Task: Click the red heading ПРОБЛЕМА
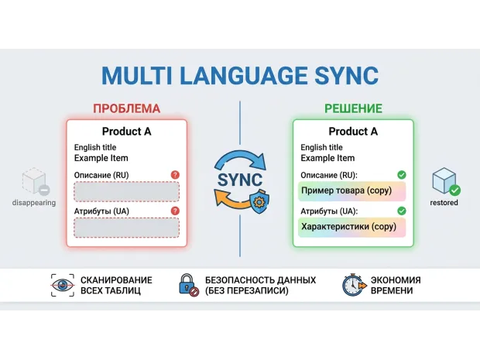click(126, 108)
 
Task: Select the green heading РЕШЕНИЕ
click(353, 108)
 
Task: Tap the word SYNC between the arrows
click(240, 180)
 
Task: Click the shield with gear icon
click(259, 201)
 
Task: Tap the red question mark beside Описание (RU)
click(175, 175)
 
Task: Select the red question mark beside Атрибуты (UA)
click(175, 211)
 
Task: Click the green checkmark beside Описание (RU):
click(402, 175)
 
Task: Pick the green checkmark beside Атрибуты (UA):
click(402, 211)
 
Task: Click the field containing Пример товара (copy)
click(352, 191)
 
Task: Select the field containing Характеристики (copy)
click(352, 228)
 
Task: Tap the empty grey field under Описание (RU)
click(126, 191)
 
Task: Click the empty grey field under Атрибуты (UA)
click(126, 228)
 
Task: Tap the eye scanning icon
click(63, 286)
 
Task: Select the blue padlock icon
click(188, 285)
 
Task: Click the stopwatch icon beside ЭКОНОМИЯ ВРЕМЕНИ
click(354, 285)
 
